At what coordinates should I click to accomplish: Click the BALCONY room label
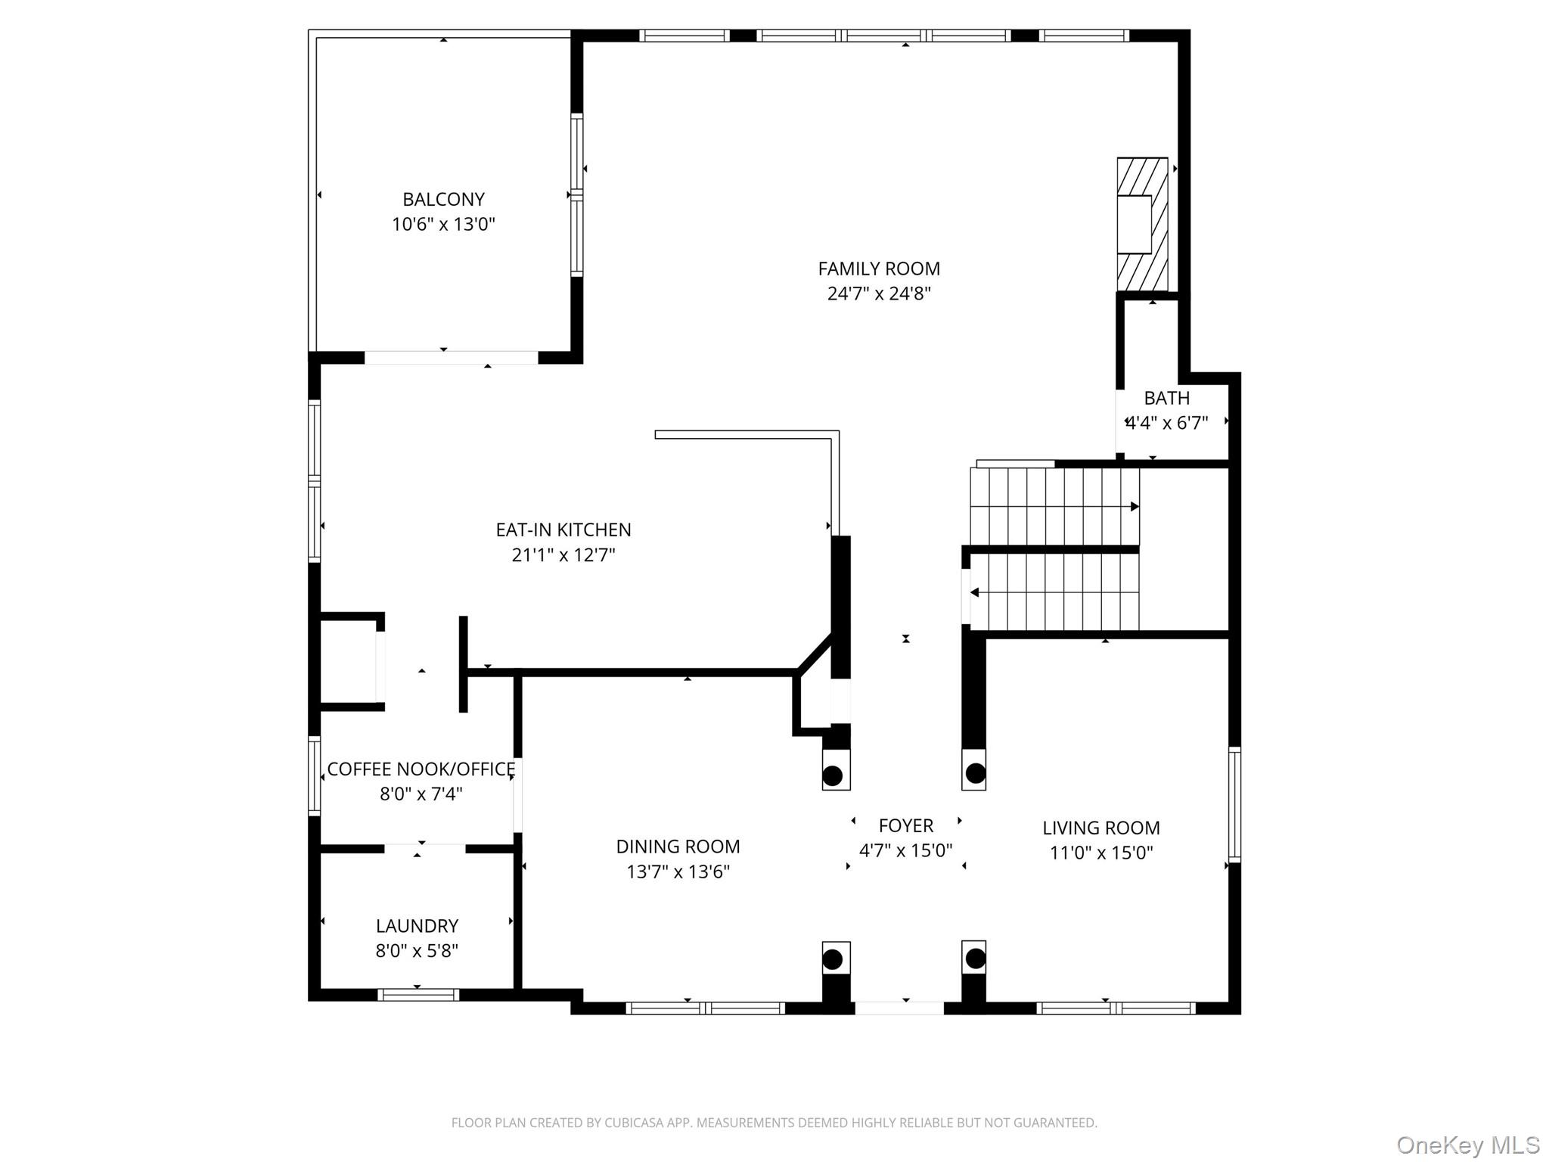[x=443, y=200]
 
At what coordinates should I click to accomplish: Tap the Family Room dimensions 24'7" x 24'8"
[x=878, y=294]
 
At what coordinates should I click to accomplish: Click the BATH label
[x=1166, y=398]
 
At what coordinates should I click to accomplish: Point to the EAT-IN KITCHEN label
[x=563, y=530]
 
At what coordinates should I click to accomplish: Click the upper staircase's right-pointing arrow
[x=1135, y=506]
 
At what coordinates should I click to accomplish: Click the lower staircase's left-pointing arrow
[x=975, y=592]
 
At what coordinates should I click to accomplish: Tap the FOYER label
[x=905, y=825]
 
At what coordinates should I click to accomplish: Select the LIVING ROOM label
[x=1100, y=828]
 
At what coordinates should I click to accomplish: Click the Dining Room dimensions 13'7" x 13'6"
[x=678, y=871]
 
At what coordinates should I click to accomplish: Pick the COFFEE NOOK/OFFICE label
[x=421, y=769]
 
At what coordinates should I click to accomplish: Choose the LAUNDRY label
[x=417, y=926]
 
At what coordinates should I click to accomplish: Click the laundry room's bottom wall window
[x=418, y=995]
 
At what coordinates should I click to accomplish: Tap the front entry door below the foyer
[x=899, y=1008]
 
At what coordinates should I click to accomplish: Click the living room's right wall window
[x=1234, y=804]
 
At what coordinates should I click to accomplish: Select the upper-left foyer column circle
[x=833, y=775]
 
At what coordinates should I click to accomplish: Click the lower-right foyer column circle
[x=976, y=959]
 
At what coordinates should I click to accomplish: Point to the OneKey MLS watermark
[x=1467, y=1145]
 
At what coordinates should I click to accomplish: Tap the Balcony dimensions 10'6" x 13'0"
[x=443, y=225]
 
